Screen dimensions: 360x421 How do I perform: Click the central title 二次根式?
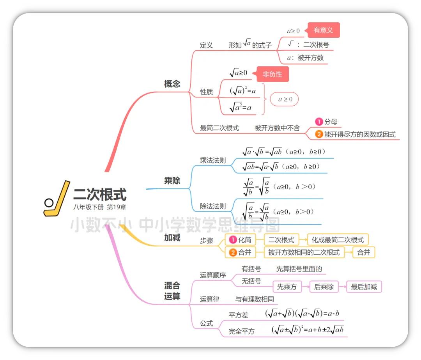click(x=100, y=194)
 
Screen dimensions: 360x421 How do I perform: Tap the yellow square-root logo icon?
click(x=57, y=199)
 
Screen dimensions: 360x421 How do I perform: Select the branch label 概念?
click(x=172, y=84)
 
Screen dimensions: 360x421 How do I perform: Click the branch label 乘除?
click(x=172, y=181)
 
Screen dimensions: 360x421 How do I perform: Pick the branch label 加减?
click(x=172, y=238)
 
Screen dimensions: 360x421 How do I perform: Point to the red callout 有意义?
click(x=323, y=30)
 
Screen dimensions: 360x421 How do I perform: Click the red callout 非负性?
click(x=272, y=74)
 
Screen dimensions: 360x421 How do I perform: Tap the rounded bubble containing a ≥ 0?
click(x=285, y=99)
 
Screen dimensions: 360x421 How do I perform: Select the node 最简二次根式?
click(x=219, y=128)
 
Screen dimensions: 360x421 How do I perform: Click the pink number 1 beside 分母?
click(x=319, y=122)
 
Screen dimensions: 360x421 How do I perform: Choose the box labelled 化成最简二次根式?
click(x=338, y=239)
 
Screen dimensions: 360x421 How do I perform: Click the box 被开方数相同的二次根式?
click(x=304, y=252)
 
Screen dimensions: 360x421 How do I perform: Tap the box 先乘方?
click(x=287, y=287)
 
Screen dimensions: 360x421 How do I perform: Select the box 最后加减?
click(x=364, y=287)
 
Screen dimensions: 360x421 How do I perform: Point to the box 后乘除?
click(x=324, y=287)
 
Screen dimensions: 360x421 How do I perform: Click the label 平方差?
click(x=239, y=315)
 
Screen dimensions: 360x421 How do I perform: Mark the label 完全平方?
click(x=242, y=332)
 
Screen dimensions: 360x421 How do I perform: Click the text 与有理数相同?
click(x=255, y=299)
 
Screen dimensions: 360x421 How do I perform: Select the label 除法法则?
click(x=213, y=206)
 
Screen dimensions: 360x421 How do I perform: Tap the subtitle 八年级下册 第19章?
click(x=100, y=207)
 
